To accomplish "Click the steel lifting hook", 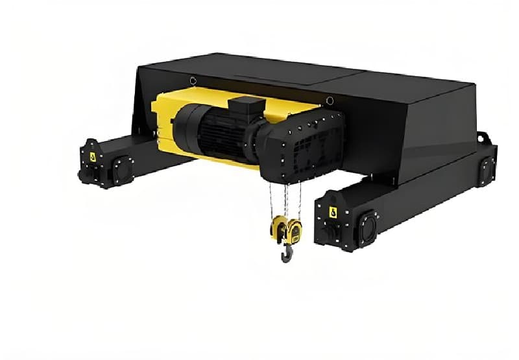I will [286, 252].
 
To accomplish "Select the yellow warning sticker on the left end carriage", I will [92, 156].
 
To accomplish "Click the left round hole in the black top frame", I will [193, 80].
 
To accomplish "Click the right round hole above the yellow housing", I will [330, 101].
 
